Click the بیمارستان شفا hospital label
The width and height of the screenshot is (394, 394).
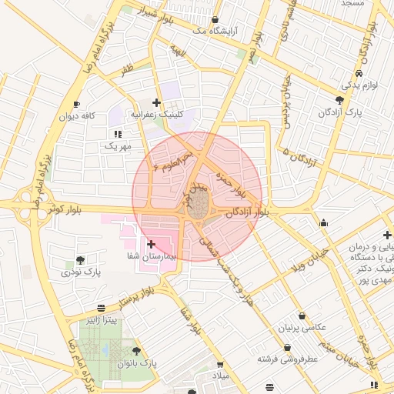(x=152, y=255)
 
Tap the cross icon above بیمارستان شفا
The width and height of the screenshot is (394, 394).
(x=151, y=243)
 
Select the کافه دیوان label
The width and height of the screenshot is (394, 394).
(x=78, y=115)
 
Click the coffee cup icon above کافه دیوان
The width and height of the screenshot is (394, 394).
(x=75, y=104)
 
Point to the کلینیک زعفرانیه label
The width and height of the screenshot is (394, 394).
(x=157, y=114)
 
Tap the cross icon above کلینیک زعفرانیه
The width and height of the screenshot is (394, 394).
(x=157, y=102)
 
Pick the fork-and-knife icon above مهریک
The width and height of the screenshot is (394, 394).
(x=118, y=134)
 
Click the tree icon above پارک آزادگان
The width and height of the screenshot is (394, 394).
(x=339, y=100)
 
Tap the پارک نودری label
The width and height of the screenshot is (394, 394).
(x=82, y=272)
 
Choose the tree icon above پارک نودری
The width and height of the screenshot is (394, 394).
(x=81, y=259)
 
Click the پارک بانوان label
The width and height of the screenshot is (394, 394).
(x=138, y=362)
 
